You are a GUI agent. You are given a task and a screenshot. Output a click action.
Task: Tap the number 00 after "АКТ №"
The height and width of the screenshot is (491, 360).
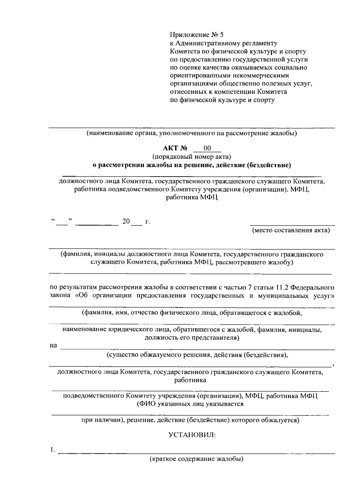pos(207,148)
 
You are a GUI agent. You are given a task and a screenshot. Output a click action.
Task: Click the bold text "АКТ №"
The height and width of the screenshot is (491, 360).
pos(175,148)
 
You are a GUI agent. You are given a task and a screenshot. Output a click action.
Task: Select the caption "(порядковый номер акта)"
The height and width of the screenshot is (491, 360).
pos(192,156)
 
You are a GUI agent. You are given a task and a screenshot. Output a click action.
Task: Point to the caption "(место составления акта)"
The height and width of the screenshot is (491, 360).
pos(291,230)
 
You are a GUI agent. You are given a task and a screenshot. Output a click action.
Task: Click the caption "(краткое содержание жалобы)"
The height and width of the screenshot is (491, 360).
pos(196,459)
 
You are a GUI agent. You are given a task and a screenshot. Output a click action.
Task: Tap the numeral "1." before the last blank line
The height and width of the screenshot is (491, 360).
pos(53,450)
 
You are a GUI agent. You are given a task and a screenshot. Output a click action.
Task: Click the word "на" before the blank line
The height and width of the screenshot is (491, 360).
pos(53,346)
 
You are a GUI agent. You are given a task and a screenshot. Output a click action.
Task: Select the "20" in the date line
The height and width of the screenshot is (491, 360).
pos(126,222)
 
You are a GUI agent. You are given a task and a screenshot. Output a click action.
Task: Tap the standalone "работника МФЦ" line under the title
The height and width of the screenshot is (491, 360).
pos(192,198)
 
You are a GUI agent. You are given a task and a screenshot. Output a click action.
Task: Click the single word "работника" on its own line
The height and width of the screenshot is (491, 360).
pos(190,380)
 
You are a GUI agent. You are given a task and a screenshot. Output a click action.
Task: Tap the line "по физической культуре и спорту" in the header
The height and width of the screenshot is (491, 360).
pos(222,100)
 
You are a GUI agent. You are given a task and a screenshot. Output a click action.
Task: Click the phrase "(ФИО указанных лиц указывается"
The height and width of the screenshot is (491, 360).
pos(190,404)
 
